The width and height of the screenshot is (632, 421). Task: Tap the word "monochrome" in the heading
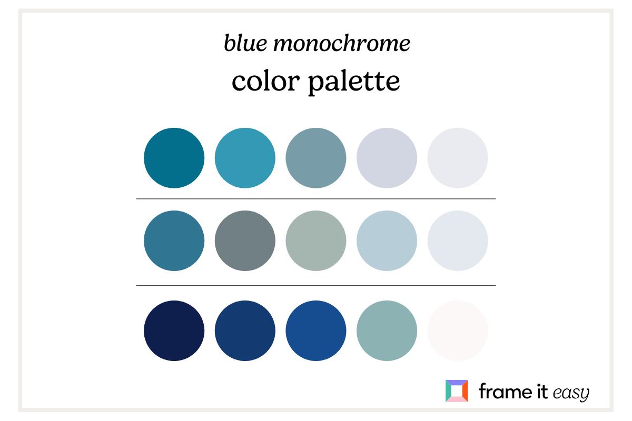[x=342, y=44]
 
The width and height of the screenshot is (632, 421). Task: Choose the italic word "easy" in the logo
[x=570, y=393]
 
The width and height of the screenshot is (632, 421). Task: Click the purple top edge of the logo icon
[x=457, y=383]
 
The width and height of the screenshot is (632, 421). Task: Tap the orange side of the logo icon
[x=465, y=391]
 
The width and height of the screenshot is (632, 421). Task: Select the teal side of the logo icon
[x=448, y=391]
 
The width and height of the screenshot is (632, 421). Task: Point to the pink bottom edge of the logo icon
[x=457, y=399]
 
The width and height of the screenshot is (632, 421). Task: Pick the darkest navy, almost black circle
[x=174, y=331]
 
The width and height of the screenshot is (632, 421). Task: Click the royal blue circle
[x=316, y=331]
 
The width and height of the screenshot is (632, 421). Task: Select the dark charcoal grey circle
[x=245, y=241]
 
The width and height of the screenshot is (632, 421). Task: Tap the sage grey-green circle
[x=316, y=241]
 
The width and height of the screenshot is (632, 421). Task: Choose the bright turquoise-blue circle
[x=245, y=158]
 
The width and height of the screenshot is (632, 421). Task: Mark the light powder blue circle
[x=387, y=241]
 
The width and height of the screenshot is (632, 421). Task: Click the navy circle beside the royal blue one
[x=245, y=331]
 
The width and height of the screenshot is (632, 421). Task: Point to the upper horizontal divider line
[x=316, y=199]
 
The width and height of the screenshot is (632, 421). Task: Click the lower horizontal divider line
[x=316, y=286]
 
